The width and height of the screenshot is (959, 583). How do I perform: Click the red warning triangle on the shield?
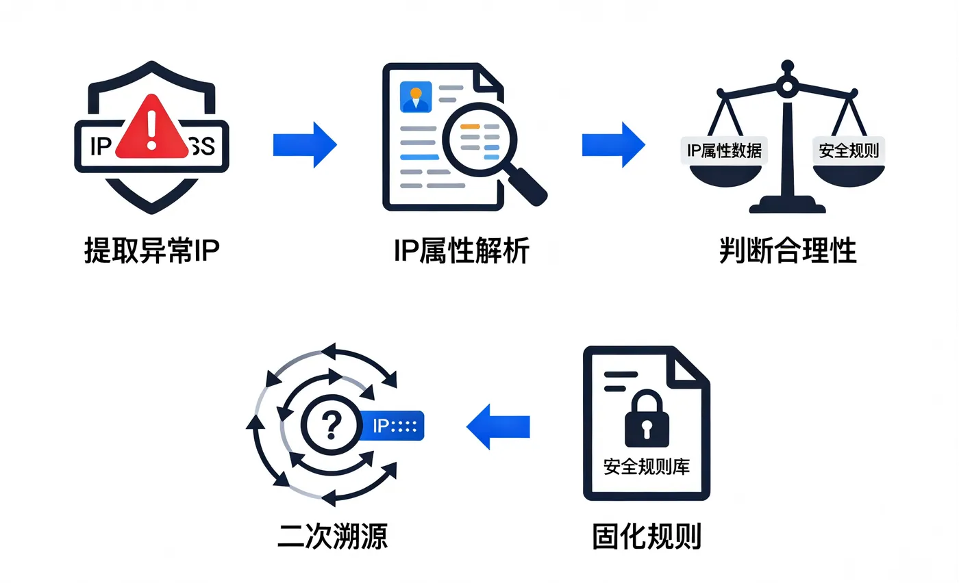click(x=152, y=130)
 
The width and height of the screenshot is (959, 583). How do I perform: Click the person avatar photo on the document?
click(x=415, y=96)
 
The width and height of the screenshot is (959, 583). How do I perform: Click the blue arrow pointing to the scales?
click(x=613, y=144)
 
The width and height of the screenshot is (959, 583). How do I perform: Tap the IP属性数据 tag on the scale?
click(x=724, y=150)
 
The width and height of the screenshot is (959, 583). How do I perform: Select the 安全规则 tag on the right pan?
click(x=849, y=150)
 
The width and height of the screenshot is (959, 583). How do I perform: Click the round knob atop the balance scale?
click(x=787, y=85)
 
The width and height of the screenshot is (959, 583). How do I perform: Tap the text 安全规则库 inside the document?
click(x=646, y=467)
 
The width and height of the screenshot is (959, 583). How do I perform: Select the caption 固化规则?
click(x=647, y=536)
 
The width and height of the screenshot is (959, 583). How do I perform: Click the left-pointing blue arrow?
click(x=499, y=426)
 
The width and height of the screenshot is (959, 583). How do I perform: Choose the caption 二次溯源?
click(x=332, y=536)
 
